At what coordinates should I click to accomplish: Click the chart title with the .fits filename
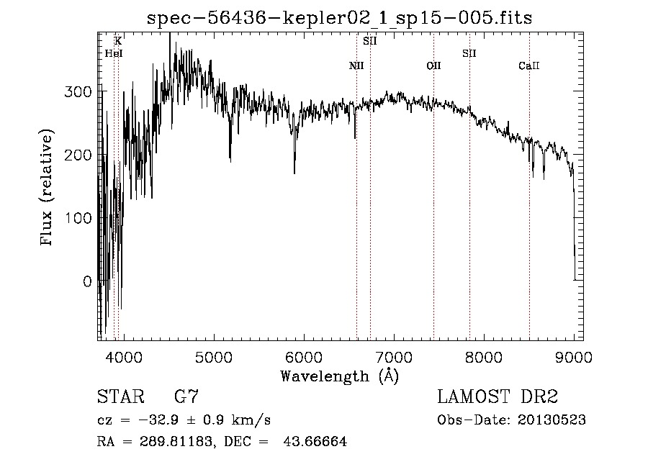[339, 18]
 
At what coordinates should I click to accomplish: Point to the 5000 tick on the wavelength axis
[213, 356]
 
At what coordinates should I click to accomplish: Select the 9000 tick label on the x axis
[574, 356]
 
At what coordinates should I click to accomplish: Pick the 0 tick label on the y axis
[86, 281]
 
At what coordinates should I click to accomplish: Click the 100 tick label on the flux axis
[81, 218]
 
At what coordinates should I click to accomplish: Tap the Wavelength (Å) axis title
[339, 376]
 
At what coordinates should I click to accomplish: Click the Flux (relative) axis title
[48, 189]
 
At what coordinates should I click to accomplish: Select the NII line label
[356, 66]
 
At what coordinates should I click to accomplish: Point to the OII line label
[433, 66]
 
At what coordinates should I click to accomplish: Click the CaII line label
[529, 66]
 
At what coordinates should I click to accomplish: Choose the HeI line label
[114, 53]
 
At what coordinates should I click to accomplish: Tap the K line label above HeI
[118, 42]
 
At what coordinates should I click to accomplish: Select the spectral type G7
[186, 396]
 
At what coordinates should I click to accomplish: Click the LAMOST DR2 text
[498, 396]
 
